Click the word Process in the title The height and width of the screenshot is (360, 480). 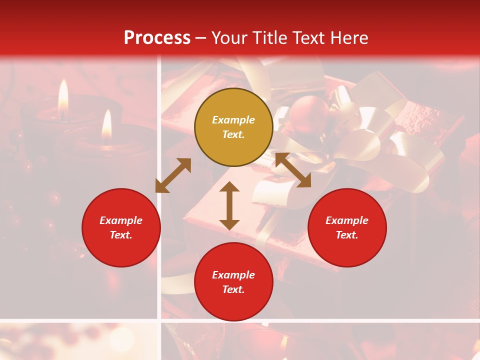click(157, 38)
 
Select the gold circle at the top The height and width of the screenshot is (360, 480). click(233, 127)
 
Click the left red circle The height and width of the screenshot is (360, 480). click(121, 227)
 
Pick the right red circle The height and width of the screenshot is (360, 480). click(347, 227)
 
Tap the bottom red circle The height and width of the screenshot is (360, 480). click(233, 282)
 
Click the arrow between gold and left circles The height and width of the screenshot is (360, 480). click(173, 175)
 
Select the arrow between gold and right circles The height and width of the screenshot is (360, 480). click(293, 170)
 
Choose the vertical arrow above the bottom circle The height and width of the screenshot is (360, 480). click(229, 205)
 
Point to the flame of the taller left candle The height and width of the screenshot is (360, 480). click(63, 95)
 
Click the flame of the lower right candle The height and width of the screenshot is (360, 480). click(106, 125)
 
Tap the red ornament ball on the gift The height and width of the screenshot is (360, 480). click(302, 112)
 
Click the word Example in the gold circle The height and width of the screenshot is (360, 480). click(233, 120)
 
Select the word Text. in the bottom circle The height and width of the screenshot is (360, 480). click(233, 289)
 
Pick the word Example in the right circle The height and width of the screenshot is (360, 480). click(347, 220)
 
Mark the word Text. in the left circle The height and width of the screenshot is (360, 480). click(121, 235)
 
